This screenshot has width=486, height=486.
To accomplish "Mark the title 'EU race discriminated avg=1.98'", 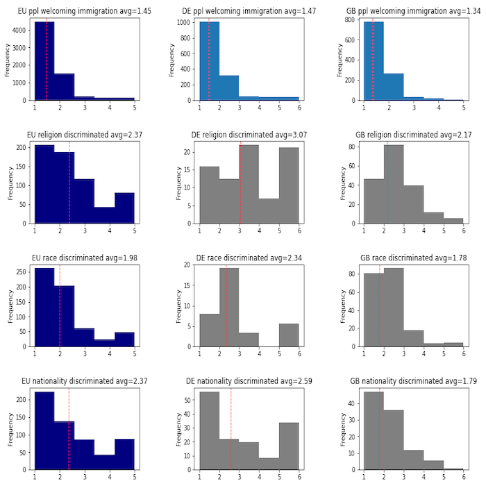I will click(x=84, y=258).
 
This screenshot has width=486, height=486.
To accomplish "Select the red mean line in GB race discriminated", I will click(x=380, y=305).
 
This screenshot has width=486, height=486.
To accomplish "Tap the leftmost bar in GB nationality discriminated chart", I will click(x=374, y=430).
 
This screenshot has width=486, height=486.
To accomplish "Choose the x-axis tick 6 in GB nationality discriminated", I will click(x=463, y=477).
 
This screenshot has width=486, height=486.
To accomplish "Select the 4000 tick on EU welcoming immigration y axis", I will click(x=23, y=31).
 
